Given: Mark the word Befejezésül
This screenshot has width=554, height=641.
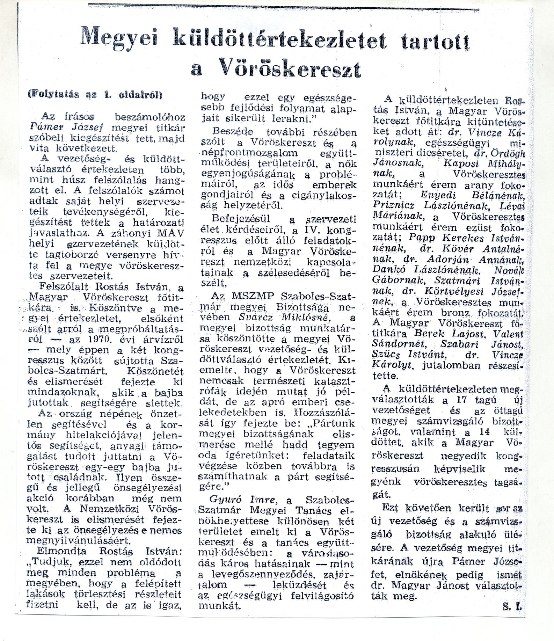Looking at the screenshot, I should coord(241,219).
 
